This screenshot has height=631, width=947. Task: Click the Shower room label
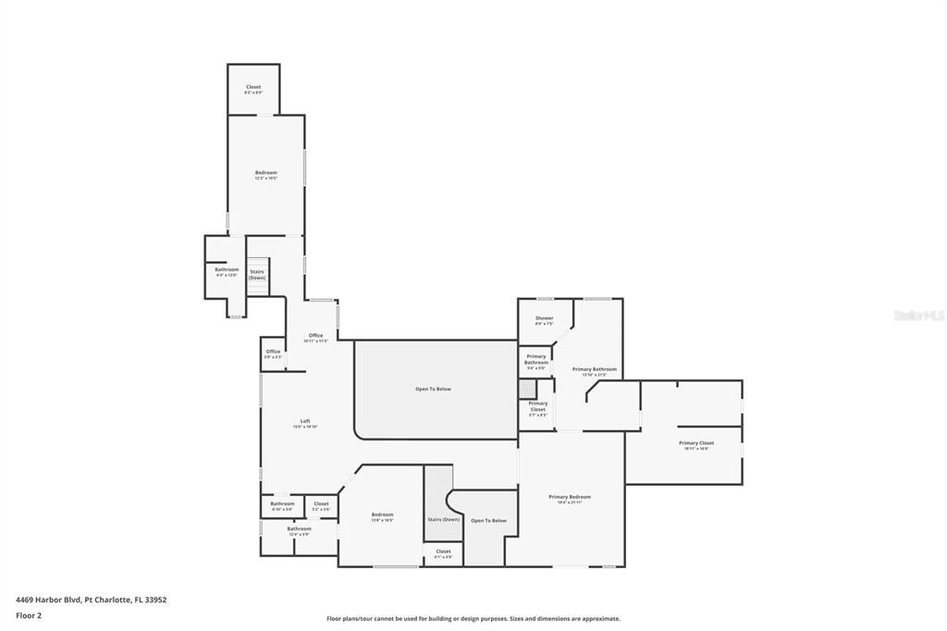tap(544, 318)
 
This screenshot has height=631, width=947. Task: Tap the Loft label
tap(305, 421)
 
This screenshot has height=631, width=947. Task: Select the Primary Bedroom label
tap(569, 497)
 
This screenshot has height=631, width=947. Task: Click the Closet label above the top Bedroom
tap(253, 87)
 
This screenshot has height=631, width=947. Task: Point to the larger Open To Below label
tap(433, 389)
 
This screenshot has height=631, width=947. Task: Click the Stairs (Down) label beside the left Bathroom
tap(256, 275)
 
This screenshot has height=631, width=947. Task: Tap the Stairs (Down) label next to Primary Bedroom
tap(443, 519)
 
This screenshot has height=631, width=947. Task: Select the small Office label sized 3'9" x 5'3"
tap(273, 352)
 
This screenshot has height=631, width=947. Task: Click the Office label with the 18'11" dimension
tap(315, 335)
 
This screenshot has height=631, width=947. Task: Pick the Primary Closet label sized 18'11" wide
tap(695, 443)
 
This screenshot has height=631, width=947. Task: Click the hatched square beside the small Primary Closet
tap(527, 389)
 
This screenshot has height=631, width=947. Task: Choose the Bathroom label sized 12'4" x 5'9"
tap(299, 529)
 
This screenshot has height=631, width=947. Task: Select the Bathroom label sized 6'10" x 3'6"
tap(282, 504)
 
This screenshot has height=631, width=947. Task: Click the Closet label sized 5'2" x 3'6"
tap(321, 504)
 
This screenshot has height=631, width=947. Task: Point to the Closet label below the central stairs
tap(443, 551)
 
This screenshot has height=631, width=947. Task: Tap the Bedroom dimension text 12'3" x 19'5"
tap(266, 179)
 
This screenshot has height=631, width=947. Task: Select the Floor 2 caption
tap(29, 614)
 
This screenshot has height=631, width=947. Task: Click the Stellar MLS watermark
tap(918, 315)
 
